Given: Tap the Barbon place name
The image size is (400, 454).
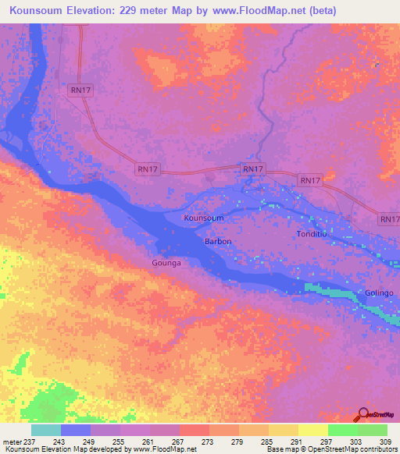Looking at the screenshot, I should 218,242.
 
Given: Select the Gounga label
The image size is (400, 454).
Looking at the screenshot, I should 166,264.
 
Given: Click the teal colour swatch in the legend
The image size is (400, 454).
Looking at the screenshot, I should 46,430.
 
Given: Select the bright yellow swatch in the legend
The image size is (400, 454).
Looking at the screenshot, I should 313,430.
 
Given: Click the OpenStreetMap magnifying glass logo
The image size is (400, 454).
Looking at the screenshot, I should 364,413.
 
